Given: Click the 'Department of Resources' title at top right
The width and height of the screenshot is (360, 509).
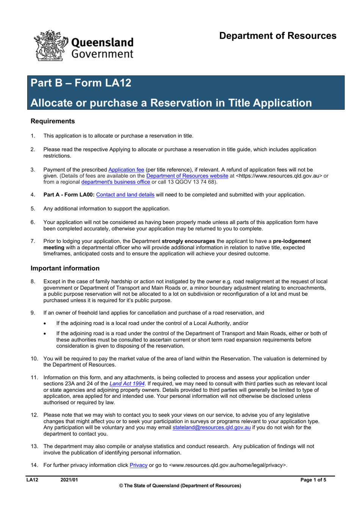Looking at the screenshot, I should pyautogui.click(x=277, y=36).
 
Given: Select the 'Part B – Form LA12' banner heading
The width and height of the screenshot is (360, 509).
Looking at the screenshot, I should pyautogui.click(x=81, y=83).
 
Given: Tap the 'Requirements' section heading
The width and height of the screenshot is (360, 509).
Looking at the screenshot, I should pyautogui.click(x=53, y=121).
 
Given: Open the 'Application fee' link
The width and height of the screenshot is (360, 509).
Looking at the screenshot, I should pyautogui.click(x=126, y=170).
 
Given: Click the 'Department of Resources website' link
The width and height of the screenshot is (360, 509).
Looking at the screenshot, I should pyautogui.click(x=187, y=176).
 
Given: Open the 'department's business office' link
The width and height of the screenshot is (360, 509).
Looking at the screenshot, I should pyautogui.click(x=116, y=182).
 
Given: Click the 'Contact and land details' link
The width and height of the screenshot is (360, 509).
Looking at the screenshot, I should pyautogui.click(x=125, y=195).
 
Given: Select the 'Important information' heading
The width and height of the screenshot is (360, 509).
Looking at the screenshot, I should pyautogui.click(x=65, y=268).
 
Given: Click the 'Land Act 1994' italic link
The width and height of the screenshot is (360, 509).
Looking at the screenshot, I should pyautogui.click(x=127, y=384).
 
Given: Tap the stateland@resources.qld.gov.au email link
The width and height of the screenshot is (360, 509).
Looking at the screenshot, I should pyautogui.click(x=211, y=427).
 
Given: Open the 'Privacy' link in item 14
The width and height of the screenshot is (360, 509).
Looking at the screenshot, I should pyautogui.click(x=138, y=465).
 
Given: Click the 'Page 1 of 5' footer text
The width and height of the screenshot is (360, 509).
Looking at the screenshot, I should pyautogui.click(x=313, y=480).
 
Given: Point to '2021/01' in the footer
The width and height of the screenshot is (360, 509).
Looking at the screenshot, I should pyautogui.click(x=69, y=480).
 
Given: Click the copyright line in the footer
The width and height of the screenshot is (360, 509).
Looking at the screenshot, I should pyautogui.click(x=180, y=486).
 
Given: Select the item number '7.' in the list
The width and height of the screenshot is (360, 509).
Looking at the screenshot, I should pyautogui.click(x=33, y=241).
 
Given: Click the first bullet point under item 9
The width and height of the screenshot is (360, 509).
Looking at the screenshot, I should pyautogui.click(x=45, y=324).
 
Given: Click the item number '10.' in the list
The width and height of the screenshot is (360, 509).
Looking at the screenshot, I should pyautogui.click(x=34, y=359).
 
